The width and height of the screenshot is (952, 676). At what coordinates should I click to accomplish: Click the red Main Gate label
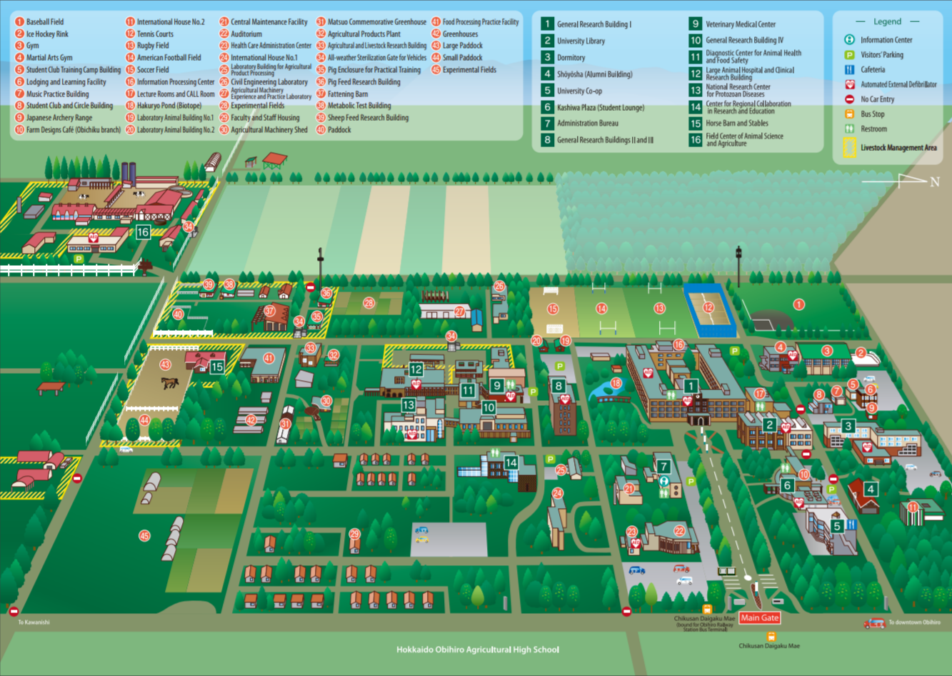759,617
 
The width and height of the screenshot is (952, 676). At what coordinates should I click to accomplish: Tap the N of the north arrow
934,182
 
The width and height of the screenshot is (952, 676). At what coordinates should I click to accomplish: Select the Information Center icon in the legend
849,40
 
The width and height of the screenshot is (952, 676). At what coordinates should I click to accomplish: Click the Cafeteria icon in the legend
849,69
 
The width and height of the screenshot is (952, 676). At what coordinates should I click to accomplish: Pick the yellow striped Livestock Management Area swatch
849,147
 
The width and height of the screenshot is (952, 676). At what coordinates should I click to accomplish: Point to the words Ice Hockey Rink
47,34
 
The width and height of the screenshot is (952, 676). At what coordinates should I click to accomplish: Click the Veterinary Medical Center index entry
740,24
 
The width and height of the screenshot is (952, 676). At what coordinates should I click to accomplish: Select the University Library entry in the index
581,41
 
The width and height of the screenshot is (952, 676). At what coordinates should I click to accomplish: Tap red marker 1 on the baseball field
798,304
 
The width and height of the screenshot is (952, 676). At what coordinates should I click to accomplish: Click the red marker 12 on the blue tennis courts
708,308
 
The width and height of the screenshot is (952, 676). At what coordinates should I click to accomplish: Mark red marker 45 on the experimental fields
145,535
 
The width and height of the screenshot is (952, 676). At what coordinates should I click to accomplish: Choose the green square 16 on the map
143,232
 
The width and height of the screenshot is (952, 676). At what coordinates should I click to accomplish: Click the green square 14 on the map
511,462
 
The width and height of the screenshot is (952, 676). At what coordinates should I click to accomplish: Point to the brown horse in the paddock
170,382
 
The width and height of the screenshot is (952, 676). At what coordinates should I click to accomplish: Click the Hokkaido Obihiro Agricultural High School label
477,650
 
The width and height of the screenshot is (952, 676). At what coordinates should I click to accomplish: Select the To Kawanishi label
34,622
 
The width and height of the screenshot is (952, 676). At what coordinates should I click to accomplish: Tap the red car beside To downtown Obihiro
874,623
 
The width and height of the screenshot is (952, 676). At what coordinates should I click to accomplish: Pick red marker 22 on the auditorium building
679,531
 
